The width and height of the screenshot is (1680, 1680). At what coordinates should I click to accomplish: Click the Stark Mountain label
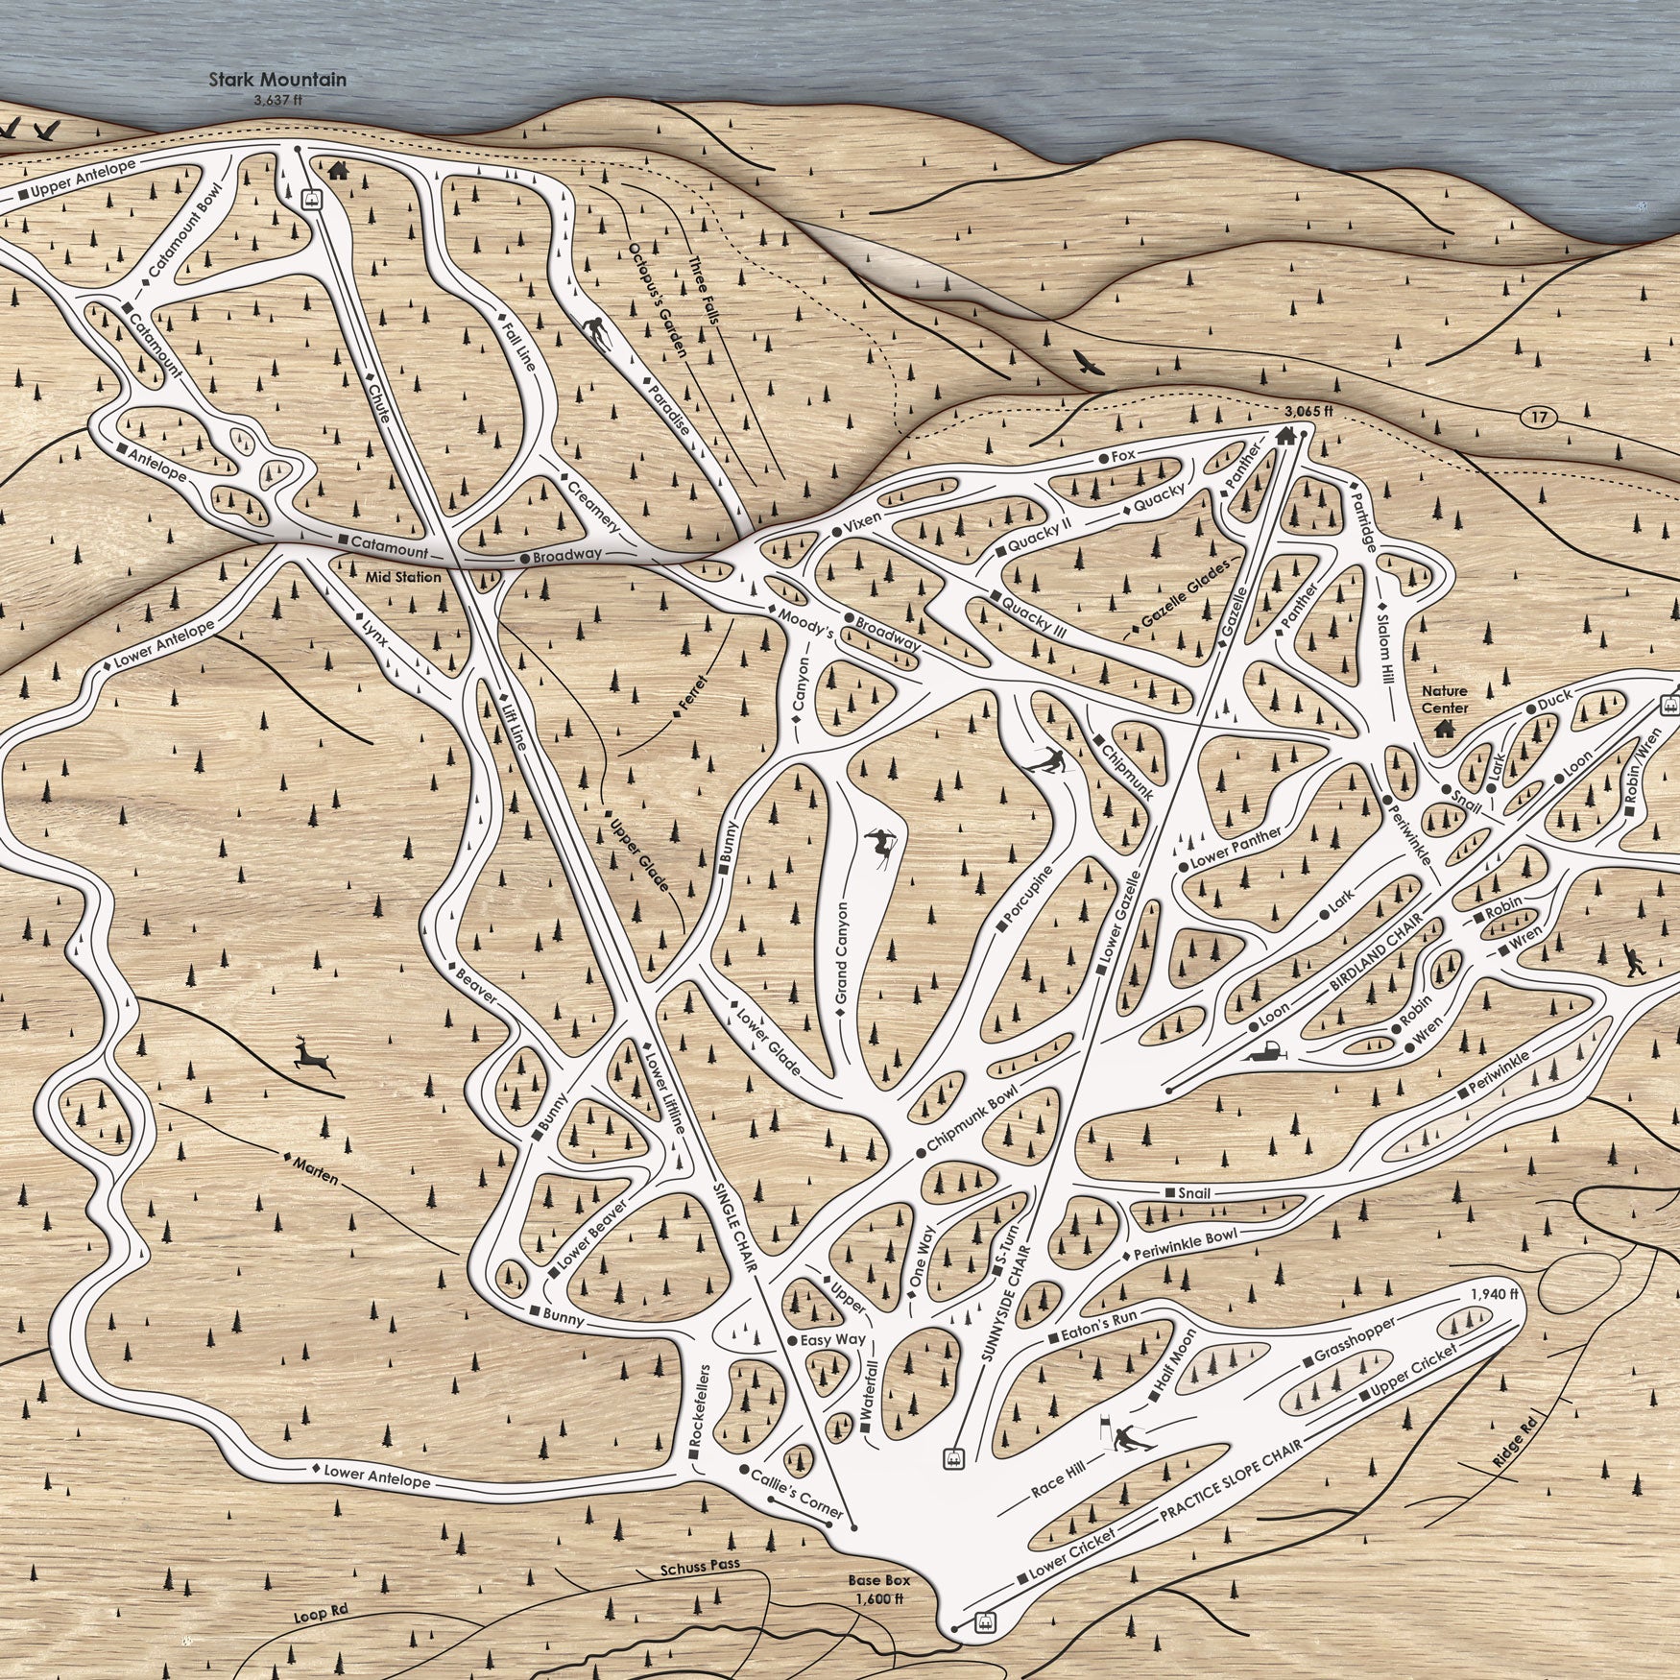point(277,81)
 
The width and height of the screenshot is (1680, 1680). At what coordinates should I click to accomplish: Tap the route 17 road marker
point(1540,417)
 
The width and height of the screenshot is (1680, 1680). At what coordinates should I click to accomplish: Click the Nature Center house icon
point(1443,729)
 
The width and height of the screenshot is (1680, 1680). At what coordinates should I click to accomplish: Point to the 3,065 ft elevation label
point(1308,411)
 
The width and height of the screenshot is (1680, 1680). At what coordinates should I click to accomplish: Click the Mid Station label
point(403,577)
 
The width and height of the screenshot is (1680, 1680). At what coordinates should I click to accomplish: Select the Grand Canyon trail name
point(842,952)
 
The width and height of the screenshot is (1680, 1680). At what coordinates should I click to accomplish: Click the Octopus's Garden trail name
point(658,300)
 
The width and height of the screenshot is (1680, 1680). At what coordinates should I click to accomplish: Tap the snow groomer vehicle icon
point(1267,1051)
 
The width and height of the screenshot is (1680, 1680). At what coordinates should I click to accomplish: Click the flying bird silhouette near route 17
point(1088,363)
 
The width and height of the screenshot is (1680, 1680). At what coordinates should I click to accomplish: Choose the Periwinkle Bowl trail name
point(1186,1244)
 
